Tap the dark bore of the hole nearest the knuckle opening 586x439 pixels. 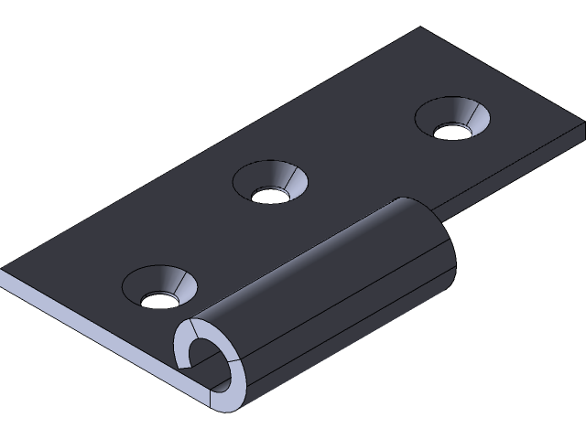tap(158, 299)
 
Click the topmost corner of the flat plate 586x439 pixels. tap(422, 28)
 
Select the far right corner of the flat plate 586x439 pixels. tap(582, 135)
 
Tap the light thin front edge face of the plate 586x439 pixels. tap(92, 320)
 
